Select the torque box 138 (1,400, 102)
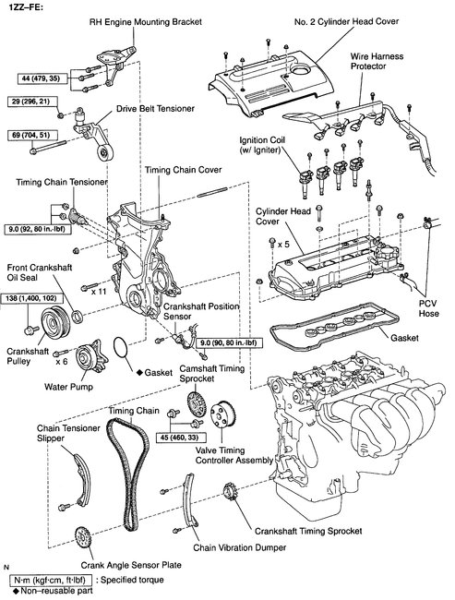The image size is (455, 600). click(29, 298)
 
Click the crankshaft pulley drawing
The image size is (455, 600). click(54, 322)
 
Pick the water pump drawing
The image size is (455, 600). click(90, 358)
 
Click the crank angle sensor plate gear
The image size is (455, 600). click(83, 538)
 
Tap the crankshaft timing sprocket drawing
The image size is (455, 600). click(230, 492)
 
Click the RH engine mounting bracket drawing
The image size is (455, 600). click(115, 64)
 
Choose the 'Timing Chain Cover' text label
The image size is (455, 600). click(184, 170)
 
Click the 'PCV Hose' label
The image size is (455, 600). click(428, 308)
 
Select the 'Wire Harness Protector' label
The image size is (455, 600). click(377, 61)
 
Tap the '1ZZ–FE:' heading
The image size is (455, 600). click(22, 6)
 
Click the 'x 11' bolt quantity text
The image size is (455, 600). click(99, 292)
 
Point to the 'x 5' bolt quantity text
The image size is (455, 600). click(283, 244)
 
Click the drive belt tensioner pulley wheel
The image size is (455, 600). click(104, 154)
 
